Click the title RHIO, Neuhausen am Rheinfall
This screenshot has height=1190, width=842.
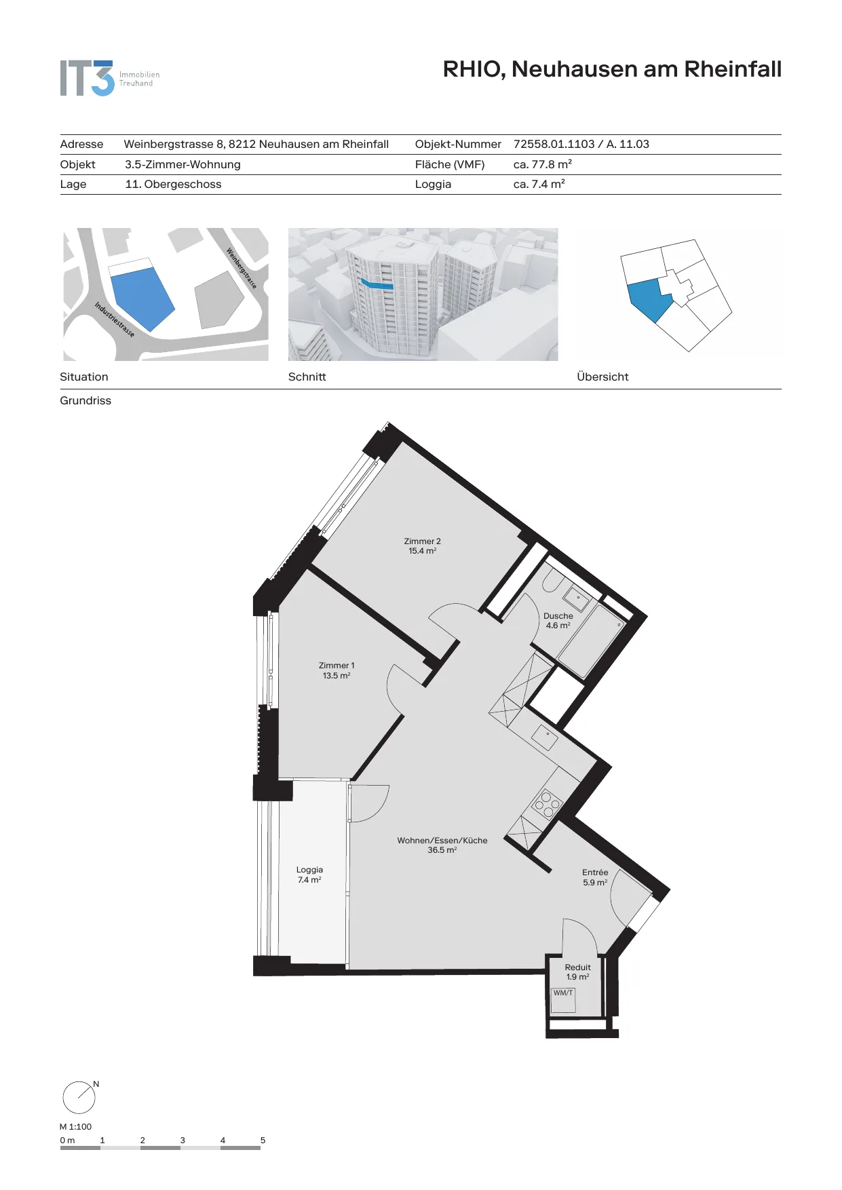[x=612, y=69]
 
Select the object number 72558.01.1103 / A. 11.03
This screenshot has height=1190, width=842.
[x=581, y=144]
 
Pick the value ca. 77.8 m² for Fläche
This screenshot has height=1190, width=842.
[x=543, y=164]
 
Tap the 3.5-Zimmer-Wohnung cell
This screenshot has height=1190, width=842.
[x=183, y=164]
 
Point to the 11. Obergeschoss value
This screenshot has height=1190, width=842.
[x=173, y=184]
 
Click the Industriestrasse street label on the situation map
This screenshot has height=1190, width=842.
[x=114, y=319]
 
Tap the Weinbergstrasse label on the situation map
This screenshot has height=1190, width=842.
[x=242, y=269]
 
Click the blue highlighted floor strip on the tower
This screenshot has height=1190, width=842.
[x=377, y=284]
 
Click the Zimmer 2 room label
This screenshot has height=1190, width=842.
[x=422, y=546]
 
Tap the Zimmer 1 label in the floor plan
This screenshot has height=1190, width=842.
[x=337, y=670]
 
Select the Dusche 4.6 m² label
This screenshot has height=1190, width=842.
[x=558, y=621]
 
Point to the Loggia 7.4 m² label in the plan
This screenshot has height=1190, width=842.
[x=309, y=875]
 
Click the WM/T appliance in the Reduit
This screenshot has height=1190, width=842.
[x=563, y=1001]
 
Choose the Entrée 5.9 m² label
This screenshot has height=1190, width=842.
[x=595, y=877]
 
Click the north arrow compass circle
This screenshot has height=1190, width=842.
[x=79, y=1097]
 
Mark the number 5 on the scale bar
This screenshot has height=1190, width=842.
[x=263, y=1140]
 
